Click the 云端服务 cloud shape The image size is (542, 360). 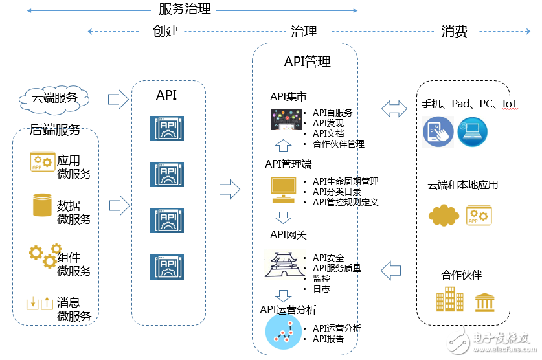[54, 98]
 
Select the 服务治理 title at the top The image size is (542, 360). [185, 9]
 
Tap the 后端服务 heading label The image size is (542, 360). [55, 129]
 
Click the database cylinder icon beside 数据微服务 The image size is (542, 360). [42, 205]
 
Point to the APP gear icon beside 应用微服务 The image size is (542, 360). [42, 161]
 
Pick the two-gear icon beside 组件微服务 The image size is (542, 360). [42, 254]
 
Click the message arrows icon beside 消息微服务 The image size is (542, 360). [40, 302]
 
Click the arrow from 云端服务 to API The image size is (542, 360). [118, 98]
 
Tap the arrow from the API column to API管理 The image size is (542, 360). [229, 190]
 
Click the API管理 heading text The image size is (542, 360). [308, 62]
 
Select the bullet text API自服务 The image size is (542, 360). [332, 113]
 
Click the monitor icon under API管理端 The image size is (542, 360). [283, 188]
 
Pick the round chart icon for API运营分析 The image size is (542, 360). [283, 331]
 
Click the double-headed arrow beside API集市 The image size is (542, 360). [394, 109]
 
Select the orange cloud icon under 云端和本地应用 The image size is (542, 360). [444, 214]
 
